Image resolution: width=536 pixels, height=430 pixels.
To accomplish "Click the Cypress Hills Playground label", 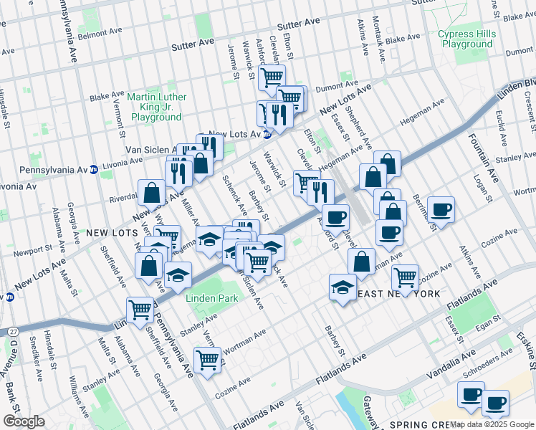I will (466, 39).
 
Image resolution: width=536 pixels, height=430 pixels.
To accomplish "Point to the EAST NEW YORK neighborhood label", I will (398, 295).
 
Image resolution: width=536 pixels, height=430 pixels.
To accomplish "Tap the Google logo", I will (24, 421).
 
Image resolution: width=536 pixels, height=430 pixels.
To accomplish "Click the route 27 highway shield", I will (14, 331).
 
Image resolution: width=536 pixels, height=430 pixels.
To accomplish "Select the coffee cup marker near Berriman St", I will (441, 209).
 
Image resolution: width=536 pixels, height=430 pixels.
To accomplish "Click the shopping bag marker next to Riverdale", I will (152, 192).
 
